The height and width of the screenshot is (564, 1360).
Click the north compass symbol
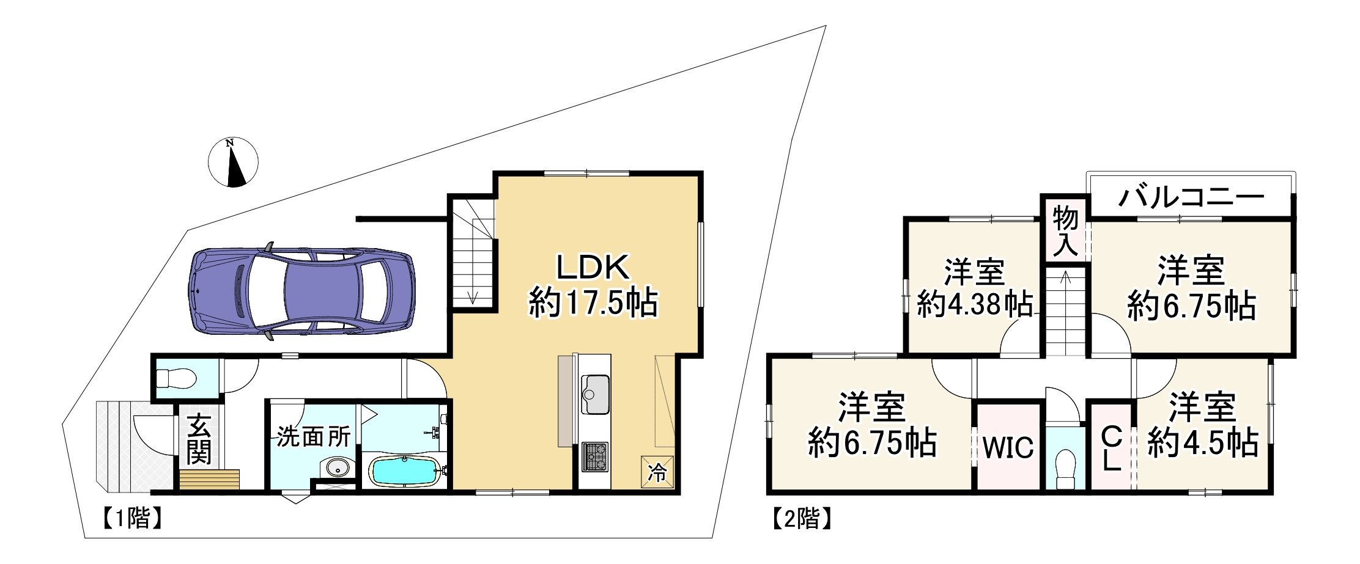tap(233, 163)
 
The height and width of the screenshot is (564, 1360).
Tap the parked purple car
tap(301, 293)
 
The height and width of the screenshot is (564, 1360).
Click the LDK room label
tap(592, 268)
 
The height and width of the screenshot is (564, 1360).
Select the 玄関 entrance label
tap(199, 439)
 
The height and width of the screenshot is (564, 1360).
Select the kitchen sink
tap(595, 394)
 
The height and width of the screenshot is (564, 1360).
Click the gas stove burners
tap(595, 456)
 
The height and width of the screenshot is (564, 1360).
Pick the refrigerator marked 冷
tap(657, 472)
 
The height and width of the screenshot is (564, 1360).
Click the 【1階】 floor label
tap(131, 519)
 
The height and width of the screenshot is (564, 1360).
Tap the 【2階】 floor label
tap(800, 519)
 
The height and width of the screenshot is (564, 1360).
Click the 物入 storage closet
tap(1065, 230)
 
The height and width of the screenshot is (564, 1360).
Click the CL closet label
tap(1111, 449)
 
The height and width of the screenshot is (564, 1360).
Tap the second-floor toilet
tap(1065, 467)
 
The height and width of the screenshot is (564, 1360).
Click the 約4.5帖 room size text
tap(1202, 442)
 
